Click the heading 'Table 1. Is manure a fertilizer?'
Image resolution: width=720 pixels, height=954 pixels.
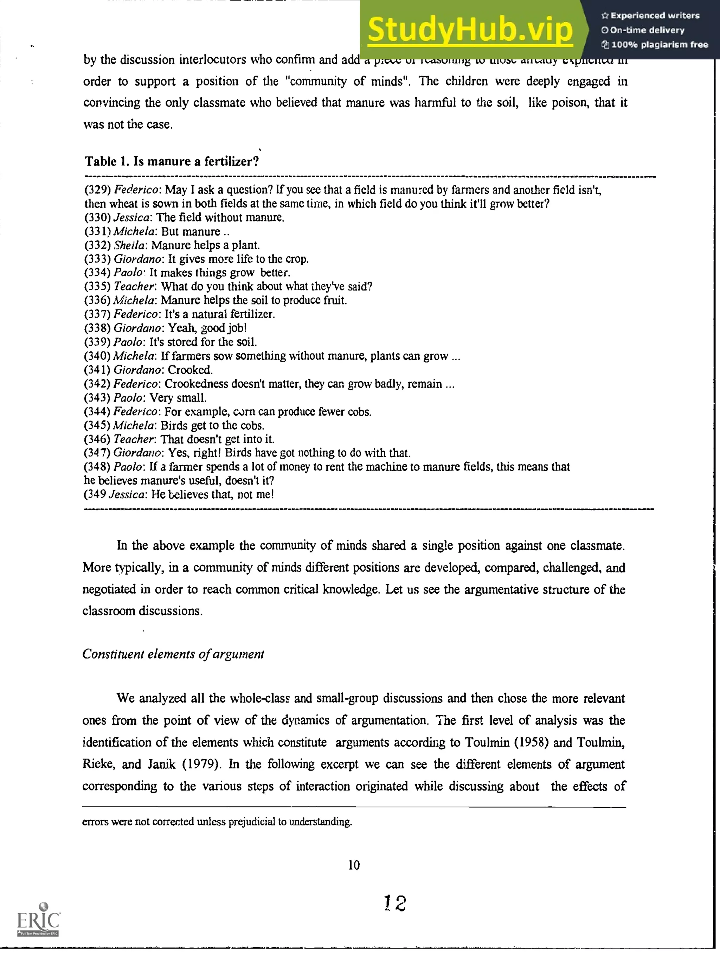tap(172, 161)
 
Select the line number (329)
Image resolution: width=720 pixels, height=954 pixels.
tap(98, 190)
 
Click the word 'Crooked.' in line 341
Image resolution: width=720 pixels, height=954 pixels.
tap(190, 370)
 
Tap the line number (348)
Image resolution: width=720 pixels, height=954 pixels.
tap(97, 467)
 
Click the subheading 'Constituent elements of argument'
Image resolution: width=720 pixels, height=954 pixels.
tap(173, 654)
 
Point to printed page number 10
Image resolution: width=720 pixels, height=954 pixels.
tap(354, 865)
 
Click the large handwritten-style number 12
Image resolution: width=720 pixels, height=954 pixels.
tap(395, 903)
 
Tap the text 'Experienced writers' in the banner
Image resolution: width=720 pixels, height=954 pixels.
tap(655, 15)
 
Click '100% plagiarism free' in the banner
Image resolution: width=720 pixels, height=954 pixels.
tap(659, 44)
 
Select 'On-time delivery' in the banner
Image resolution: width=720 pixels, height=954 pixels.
tap(647, 30)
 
